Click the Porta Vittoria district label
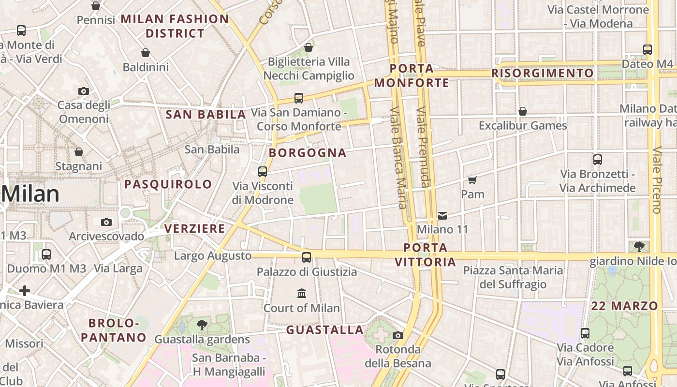[x=425, y=255]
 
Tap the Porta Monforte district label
[x=412, y=76]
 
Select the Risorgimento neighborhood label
[x=542, y=73]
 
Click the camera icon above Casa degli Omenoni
[x=83, y=91]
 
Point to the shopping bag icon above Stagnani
[x=79, y=152]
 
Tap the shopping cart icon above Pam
[x=472, y=180]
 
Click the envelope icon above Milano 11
[x=442, y=215]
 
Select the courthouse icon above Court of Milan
[x=302, y=293]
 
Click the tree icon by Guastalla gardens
[x=202, y=325]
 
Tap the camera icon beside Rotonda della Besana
[x=398, y=335]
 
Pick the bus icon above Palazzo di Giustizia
[x=307, y=257]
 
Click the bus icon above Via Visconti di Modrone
[x=263, y=171]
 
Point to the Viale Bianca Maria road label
[x=398, y=157]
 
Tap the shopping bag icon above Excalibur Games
[x=523, y=111]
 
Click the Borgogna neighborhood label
[x=308, y=153]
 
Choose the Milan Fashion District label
[x=175, y=26]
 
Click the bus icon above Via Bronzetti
[x=598, y=159]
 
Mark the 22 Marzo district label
[x=624, y=306]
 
